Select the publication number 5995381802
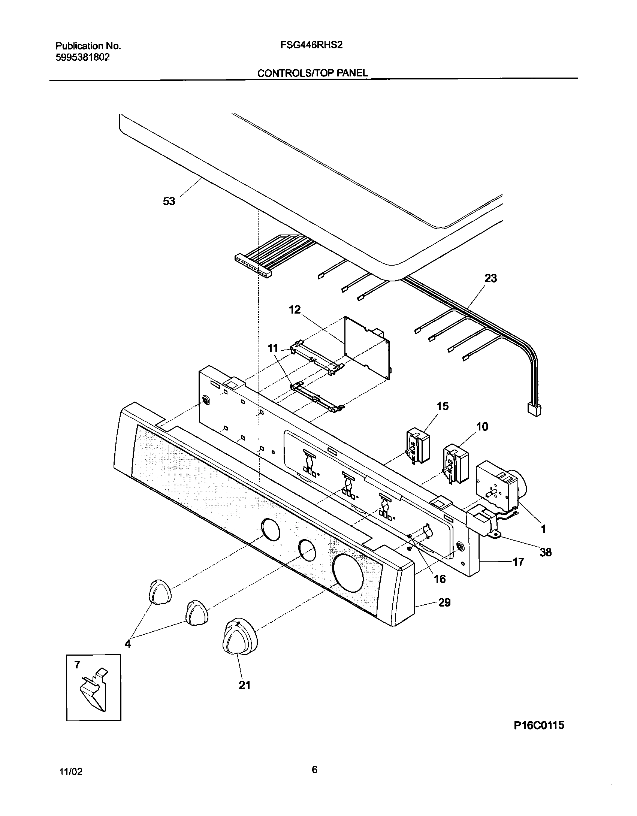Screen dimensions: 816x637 click(x=82, y=57)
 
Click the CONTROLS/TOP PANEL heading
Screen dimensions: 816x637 click(x=313, y=73)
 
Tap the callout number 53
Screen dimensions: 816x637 click(x=169, y=201)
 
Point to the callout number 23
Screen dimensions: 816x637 click(x=490, y=278)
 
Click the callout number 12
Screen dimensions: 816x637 click(x=295, y=310)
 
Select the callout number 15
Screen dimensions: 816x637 click(x=443, y=406)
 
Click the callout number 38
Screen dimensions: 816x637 click(x=546, y=552)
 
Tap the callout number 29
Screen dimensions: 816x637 click(x=444, y=602)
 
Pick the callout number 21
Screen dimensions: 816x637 click(x=244, y=685)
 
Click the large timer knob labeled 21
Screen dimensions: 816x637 click(x=239, y=639)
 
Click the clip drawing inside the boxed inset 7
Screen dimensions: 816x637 click(x=93, y=692)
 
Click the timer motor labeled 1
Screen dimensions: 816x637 click(x=498, y=487)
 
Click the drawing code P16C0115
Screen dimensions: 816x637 click(x=538, y=725)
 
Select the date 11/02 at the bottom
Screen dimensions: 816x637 click(x=71, y=772)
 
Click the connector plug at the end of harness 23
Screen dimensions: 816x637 click(x=534, y=409)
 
